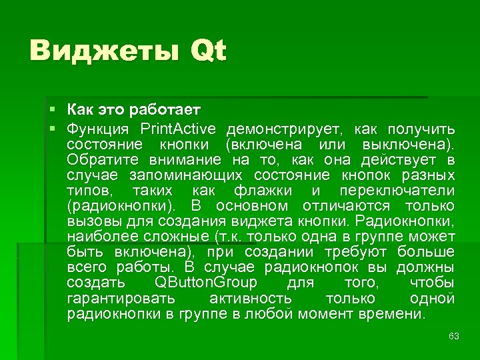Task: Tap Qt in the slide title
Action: pyautogui.click(x=209, y=51)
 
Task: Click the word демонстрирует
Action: pyautogui.click(x=285, y=128)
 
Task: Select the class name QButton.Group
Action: pyautogui.click(x=205, y=283)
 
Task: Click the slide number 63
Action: pyautogui.click(x=454, y=335)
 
